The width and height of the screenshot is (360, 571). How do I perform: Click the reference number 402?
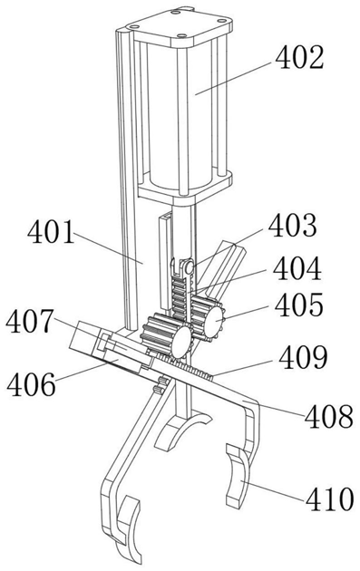tap(299, 59)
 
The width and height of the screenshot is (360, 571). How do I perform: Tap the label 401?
tap(51, 233)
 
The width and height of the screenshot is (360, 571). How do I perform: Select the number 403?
tap(292, 225)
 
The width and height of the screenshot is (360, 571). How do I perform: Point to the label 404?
tap(297, 269)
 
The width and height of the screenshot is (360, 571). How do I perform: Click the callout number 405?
tap(298, 305)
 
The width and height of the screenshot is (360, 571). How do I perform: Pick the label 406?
tap(32, 385)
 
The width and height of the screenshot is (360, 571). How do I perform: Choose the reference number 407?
tap(30, 321)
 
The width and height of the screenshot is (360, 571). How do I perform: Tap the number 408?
tap(329, 416)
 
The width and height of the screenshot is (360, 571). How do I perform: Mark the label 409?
tap(303, 357)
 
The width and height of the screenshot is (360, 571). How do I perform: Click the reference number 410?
tap(330, 498)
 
